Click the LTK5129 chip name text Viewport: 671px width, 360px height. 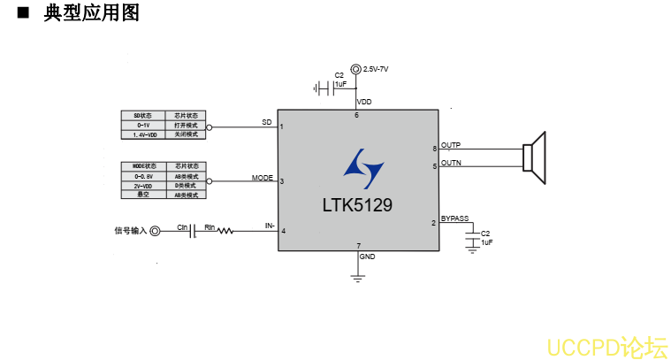pyautogui.click(x=357, y=204)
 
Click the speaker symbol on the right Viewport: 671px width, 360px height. pyautogui.click(x=535, y=157)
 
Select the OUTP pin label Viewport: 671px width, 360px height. pyautogui.click(x=451, y=144)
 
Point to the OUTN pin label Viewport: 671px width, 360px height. pyautogui.click(x=451, y=163)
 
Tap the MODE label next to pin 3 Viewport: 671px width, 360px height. pyautogui.click(x=263, y=178)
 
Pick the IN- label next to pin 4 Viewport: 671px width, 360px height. pyautogui.click(x=270, y=226)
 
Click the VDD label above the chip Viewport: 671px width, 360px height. pyautogui.click(x=364, y=102)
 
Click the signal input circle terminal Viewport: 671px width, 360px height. pyautogui.click(x=156, y=231)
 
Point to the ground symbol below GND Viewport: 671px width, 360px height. pyautogui.click(x=357, y=277)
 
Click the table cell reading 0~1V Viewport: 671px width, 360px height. pyautogui.click(x=143, y=125)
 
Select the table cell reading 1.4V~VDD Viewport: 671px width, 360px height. pyautogui.click(x=143, y=134)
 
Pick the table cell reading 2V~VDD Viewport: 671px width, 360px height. pyautogui.click(x=143, y=185)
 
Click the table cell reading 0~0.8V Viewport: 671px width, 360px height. pyautogui.click(x=143, y=175)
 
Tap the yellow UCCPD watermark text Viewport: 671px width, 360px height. pyautogui.click(x=606, y=347)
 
